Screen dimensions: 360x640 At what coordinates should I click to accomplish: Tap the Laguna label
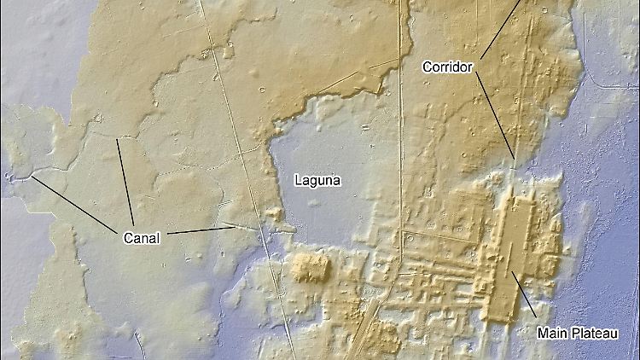tap(317, 180)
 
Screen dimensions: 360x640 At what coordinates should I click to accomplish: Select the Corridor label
tap(447, 66)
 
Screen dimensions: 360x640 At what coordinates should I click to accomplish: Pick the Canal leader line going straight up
tap(125, 179)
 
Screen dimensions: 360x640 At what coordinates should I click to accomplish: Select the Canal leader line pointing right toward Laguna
tap(201, 230)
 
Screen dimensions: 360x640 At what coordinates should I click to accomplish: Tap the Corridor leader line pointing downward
tap(495, 114)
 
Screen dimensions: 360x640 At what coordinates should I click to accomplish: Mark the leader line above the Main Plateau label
tap(524, 295)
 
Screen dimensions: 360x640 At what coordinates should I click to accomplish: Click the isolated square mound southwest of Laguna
tap(309, 266)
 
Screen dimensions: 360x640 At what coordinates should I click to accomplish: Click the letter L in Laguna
tap(298, 180)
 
